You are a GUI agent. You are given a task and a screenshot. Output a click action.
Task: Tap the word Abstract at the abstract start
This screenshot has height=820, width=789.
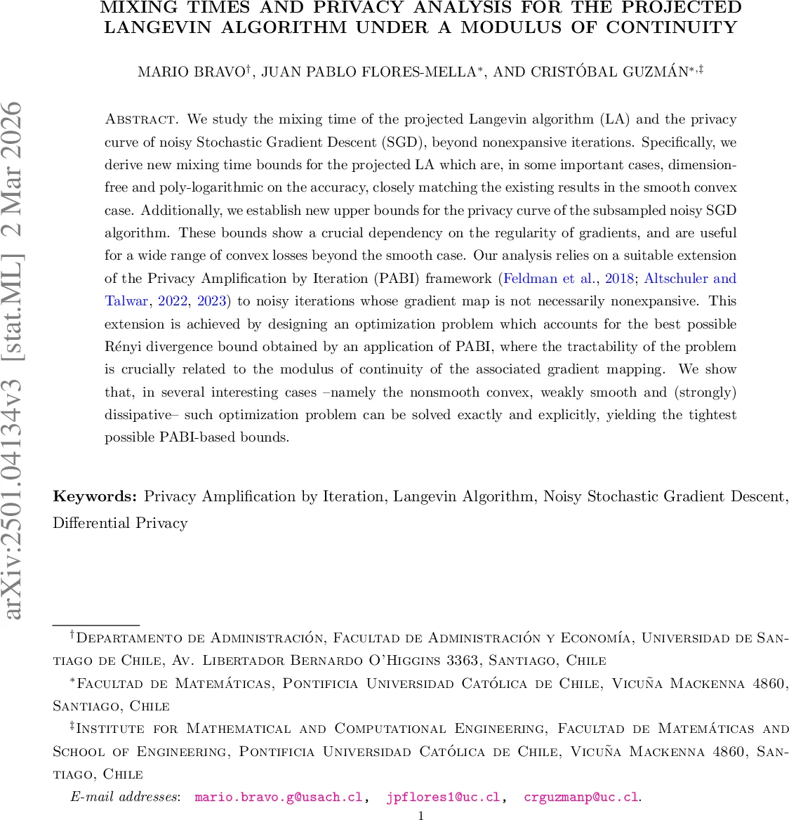(x=139, y=119)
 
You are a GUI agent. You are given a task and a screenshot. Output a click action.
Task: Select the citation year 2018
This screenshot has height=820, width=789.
(x=620, y=279)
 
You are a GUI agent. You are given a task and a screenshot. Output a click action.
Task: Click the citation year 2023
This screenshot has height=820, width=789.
(x=211, y=301)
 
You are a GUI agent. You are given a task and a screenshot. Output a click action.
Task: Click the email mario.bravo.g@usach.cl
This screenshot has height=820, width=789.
(x=278, y=798)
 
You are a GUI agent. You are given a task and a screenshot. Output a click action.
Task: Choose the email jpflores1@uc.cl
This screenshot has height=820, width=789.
(x=443, y=798)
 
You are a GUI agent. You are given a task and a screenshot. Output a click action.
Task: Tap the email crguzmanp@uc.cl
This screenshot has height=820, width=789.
(x=581, y=798)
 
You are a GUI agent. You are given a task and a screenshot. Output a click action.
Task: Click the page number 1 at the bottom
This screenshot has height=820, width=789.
(x=420, y=815)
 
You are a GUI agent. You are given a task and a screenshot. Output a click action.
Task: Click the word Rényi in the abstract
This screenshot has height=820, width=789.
(x=124, y=347)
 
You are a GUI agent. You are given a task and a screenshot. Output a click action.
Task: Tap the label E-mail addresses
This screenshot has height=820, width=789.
(x=125, y=798)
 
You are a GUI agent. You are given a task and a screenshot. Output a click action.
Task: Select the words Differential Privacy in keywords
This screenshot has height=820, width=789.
(x=120, y=524)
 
